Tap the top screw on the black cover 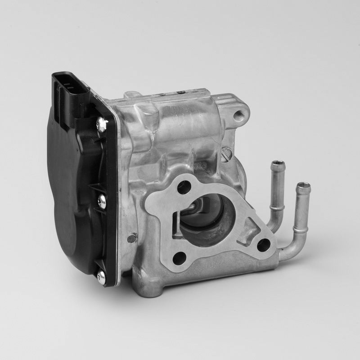pyautogui.click(x=102, y=121)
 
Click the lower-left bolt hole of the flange pyautogui.click(x=179, y=258)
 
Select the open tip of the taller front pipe pyautogui.click(x=303, y=186)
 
